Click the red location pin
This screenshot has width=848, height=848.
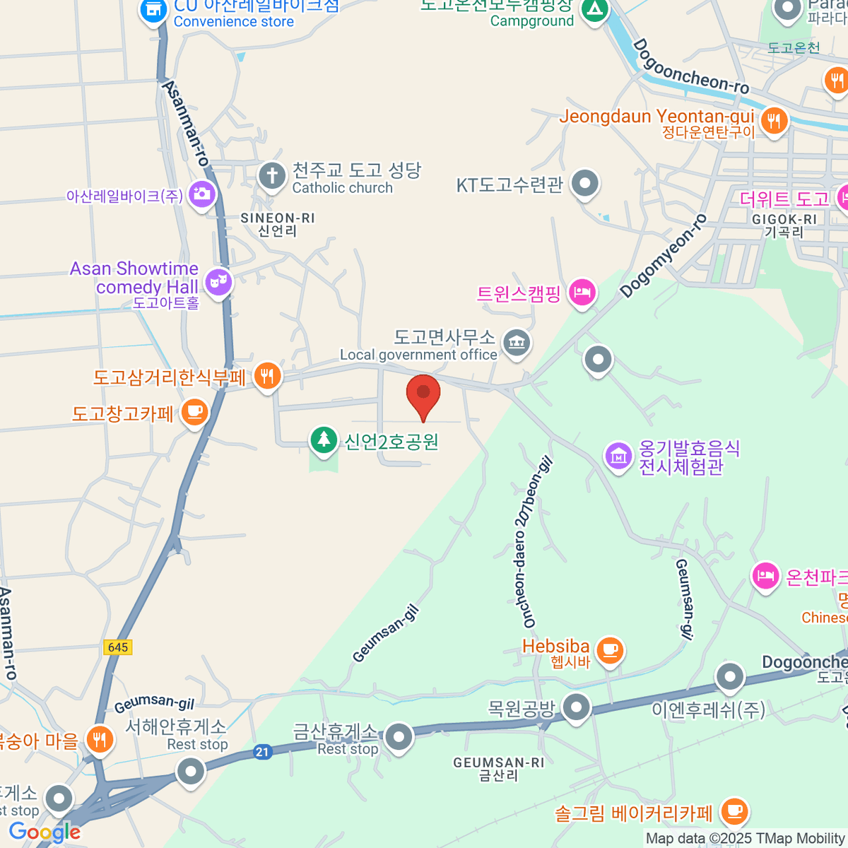[x=423, y=394]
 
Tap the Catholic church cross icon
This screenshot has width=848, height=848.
[x=271, y=176]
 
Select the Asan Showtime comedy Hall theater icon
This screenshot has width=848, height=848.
[x=218, y=283]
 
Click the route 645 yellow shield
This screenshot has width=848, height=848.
[x=118, y=647]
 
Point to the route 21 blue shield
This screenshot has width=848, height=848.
[x=263, y=752]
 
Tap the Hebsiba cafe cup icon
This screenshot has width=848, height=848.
[x=609, y=649]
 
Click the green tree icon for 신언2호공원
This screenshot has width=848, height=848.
[x=324, y=440]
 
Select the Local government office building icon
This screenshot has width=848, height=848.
[x=517, y=343]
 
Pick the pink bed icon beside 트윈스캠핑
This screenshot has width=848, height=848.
[x=582, y=291]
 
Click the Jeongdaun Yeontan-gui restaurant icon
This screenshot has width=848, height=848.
[x=775, y=120]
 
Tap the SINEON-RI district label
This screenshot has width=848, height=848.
[x=278, y=224]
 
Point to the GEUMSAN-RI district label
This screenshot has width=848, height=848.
[x=499, y=768]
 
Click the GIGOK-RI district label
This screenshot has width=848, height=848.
[x=784, y=225]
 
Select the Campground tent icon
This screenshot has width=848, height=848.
[x=594, y=9]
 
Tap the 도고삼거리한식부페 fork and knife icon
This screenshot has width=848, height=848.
[x=266, y=375]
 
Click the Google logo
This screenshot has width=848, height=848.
[x=45, y=832]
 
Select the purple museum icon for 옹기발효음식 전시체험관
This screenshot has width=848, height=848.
[x=618, y=456]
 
